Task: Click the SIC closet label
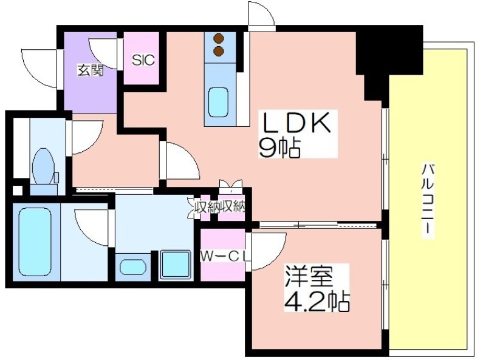(143, 59)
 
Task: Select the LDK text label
(296, 123)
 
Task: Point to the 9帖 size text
(279, 148)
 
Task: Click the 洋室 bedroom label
(309, 276)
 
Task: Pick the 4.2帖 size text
(317, 301)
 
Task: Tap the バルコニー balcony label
(428, 200)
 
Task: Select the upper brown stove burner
(219, 38)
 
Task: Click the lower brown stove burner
(219, 52)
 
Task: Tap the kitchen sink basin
(218, 102)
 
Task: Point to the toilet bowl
(43, 166)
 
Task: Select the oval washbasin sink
(132, 267)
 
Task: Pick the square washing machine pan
(176, 264)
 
